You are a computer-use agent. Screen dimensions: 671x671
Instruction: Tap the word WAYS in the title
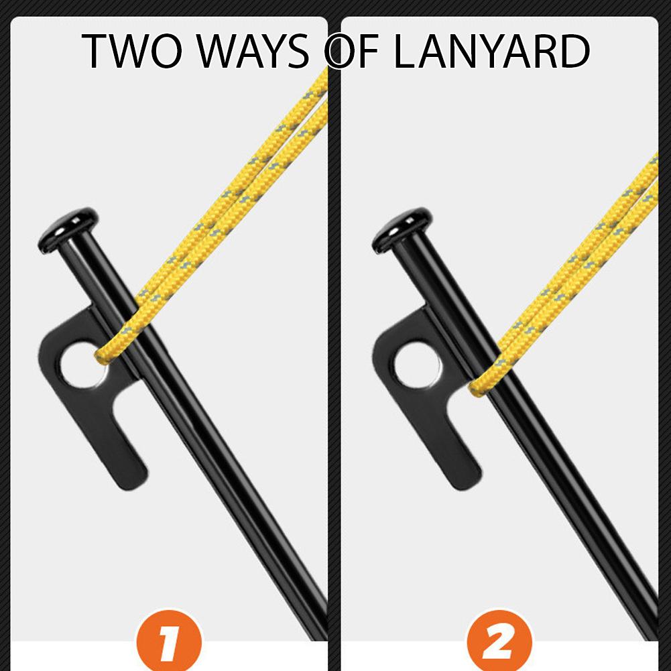tap(253, 52)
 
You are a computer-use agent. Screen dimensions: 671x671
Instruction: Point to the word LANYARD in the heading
tap(492, 52)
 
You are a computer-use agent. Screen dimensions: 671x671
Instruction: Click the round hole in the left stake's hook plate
tap(83, 364)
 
